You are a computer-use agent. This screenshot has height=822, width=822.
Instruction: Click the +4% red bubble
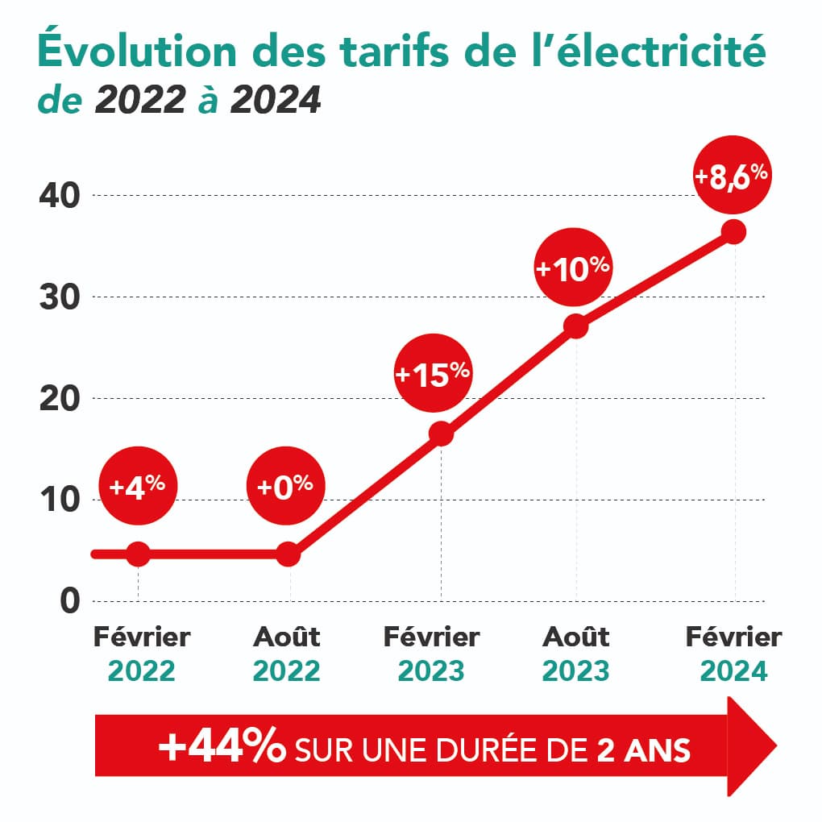[137, 486]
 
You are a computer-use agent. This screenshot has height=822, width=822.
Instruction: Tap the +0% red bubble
[284, 486]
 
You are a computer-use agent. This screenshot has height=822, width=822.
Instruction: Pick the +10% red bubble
[573, 268]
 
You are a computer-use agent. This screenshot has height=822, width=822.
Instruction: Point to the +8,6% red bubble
[733, 176]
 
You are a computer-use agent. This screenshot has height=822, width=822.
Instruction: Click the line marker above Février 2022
[139, 554]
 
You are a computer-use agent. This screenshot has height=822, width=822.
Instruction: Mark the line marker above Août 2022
[289, 554]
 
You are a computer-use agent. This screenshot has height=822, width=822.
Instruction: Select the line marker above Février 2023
[441, 434]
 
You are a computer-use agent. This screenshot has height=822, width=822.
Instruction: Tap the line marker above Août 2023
[576, 326]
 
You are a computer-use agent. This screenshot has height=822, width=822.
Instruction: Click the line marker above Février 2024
[733, 232]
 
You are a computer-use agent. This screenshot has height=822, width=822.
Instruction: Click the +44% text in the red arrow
[222, 748]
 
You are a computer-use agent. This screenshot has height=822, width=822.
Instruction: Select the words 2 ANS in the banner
[643, 749]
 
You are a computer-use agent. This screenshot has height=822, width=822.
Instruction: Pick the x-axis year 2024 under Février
[733, 671]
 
